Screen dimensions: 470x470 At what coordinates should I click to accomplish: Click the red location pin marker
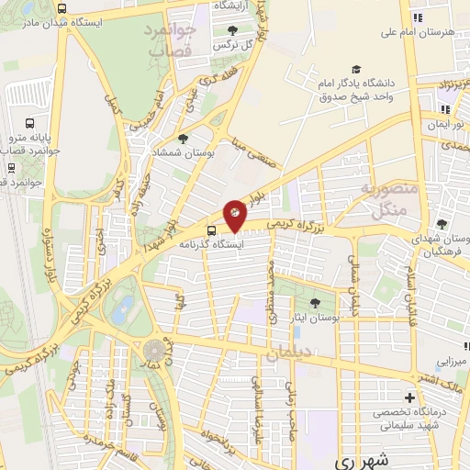coord(235,214)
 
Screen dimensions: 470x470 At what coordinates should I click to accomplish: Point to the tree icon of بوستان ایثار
coord(316,303)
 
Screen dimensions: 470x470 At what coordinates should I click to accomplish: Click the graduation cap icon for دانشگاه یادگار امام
coord(355,70)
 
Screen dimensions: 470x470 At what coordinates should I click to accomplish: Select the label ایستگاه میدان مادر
coord(60,19)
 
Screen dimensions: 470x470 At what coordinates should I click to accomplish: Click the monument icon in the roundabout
coord(153,350)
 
